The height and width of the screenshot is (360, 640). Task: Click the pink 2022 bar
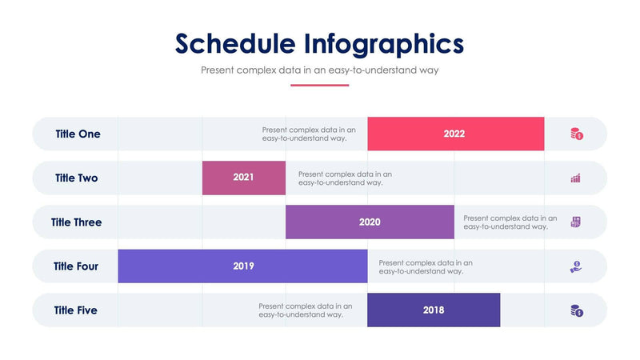[455, 134]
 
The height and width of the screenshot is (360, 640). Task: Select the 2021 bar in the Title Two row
[244, 178]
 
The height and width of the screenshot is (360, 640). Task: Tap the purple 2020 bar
[370, 222]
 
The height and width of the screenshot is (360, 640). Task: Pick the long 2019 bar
[242, 266]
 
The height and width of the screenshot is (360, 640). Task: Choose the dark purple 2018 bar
[434, 310]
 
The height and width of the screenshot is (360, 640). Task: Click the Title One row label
[78, 134]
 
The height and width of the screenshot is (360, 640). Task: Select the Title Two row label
[77, 178]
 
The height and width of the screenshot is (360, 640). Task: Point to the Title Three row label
[77, 222]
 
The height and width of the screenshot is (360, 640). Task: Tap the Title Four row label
[76, 266]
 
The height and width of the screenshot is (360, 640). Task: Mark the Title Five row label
[76, 310]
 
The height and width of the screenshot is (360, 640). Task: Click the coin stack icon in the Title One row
[576, 134]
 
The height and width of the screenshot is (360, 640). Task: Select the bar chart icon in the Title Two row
[575, 178]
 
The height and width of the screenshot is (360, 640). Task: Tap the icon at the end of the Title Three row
[575, 222]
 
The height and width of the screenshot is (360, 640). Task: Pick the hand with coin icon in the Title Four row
[575, 266]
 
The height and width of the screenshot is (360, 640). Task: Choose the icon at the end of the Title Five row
[576, 310]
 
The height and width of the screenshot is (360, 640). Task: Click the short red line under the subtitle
[319, 85]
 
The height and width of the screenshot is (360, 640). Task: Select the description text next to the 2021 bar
[345, 178]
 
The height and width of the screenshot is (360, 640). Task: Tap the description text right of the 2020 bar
[510, 222]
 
